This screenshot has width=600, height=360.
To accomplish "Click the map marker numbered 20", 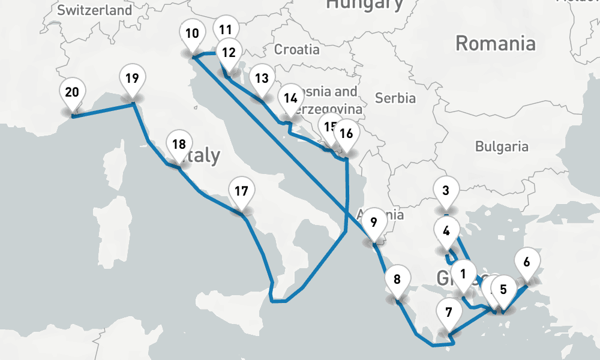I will pos(72,93).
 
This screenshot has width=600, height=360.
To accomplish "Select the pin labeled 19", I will pos(133,79).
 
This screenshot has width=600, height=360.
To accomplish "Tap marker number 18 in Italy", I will pos(179,145).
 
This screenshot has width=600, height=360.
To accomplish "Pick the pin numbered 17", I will pos(241,192).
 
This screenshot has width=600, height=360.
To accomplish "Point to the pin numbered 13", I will pos(261,79).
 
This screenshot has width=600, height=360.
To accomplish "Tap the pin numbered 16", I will pos(346,134).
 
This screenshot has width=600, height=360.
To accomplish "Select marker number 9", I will pos(373,223).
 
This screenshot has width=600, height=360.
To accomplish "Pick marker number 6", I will pos(527,262).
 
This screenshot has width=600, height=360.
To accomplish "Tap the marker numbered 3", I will pos(446,192).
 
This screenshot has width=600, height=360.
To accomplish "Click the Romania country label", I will pos(495,43).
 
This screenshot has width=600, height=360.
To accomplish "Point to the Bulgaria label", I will pos(502,146).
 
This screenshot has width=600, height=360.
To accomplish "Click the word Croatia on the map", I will pos(297,49).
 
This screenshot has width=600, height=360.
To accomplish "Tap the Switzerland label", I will pos(95,10).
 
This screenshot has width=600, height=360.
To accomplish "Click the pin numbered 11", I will pos(226,29).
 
